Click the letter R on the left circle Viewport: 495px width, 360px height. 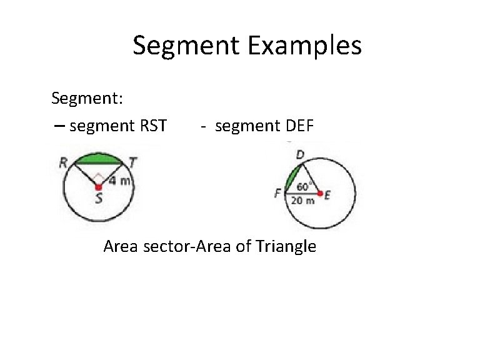63,162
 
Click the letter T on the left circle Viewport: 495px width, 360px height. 133,162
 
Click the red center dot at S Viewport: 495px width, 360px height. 98,187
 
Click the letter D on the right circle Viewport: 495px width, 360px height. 301,154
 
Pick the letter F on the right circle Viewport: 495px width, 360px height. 277,194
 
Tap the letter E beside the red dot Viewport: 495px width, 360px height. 328,194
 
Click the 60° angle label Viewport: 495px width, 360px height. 305,186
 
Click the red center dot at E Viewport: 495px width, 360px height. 320,194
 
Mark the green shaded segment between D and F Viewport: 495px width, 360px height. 291,177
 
